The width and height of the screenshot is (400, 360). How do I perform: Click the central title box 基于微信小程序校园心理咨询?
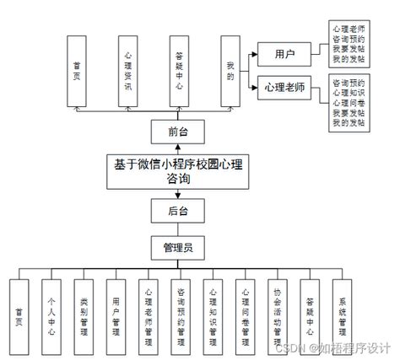pos(178,172)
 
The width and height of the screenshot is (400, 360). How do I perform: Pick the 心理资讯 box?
pos(126,71)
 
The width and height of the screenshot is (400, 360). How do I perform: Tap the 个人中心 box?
pos(51,310)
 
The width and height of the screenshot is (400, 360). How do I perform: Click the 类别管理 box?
pos(83,310)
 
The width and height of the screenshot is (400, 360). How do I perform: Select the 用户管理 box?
pos(115,310)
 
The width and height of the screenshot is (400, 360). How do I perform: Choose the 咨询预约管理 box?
pos(180,310)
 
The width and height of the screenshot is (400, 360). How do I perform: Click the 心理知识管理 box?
pos(212,310)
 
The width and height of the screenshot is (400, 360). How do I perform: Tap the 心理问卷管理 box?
pos(245,310)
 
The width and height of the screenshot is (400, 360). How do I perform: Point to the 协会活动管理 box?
pos(277,310)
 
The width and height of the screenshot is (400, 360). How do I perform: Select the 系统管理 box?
pos(342,310)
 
